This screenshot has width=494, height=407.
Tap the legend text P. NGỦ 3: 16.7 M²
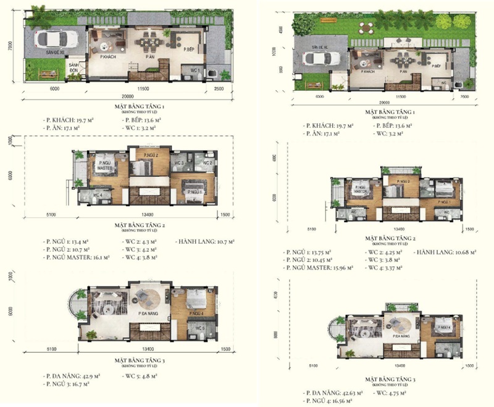tap(69, 384)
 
